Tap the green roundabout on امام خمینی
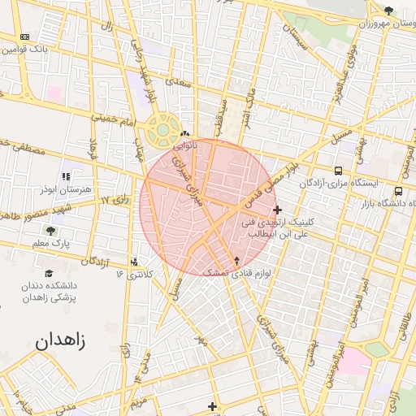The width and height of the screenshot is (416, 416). (x=162, y=129)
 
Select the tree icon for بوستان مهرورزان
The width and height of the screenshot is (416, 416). (x=388, y=11)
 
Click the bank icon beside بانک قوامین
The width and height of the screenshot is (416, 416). (x=24, y=37)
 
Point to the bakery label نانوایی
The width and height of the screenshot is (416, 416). (x=184, y=147)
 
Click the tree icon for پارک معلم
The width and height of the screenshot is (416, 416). (x=51, y=231)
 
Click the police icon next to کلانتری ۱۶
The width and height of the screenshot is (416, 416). (x=134, y=262)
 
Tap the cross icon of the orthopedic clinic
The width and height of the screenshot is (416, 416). (x=278, y=210)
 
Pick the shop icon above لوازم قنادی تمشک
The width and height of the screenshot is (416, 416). (x=236, y=261)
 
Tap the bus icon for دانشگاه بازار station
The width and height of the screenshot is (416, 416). (x=397, y=191)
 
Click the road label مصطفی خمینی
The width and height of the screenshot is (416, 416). (x=15, y=143)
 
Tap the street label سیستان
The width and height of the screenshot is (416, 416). (x=293, y=37)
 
